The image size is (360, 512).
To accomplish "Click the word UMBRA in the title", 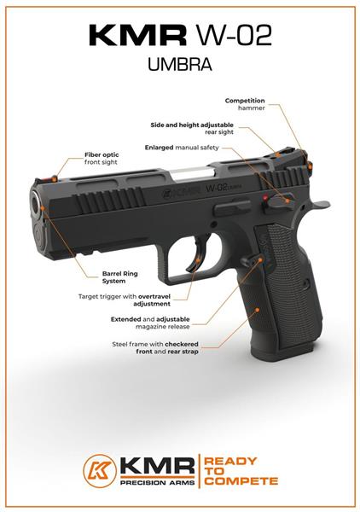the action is tap(180, 64).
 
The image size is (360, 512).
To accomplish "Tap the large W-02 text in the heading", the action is tap(235, 35).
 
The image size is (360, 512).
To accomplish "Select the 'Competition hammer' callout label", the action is tap(245, 104).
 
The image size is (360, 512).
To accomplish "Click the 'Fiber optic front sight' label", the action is tap(102, 159).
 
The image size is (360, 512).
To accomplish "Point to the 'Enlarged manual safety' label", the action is tap(182, 148).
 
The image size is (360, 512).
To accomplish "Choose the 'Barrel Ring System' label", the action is tap(119, 277).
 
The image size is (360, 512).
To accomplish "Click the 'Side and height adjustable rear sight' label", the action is tap(192, 128).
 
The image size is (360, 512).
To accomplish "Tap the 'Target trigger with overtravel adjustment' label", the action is tap(125, 300).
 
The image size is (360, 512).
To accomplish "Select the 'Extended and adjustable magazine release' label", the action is tap(150, 323).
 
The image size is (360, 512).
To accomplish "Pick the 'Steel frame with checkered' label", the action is tap(155, 344).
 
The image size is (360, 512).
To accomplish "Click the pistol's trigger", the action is tap(198, 253).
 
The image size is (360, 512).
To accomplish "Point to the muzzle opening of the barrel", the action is tap(35, 203).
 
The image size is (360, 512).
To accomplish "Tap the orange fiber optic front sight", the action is tap(54, 178).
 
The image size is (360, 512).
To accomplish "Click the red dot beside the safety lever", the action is tap(265, 197).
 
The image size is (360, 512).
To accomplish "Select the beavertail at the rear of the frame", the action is tap(319, 204).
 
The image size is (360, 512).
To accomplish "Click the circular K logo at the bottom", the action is tap(99, 471).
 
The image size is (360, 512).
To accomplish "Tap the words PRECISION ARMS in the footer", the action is tap(158, 482).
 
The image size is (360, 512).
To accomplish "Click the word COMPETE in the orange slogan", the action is tap(241, 481).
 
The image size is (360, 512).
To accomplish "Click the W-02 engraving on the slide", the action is tap(216, 188).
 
